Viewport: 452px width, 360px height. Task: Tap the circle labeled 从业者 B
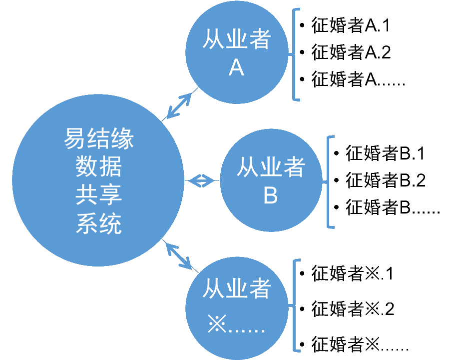tap(270, 180)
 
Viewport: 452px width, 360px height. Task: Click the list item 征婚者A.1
tap(350, 25)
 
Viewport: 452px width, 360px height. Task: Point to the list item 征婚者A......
tap(358, 79)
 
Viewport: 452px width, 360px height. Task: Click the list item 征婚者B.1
tap(385, 153)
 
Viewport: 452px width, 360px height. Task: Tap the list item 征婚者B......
tap(393, 207)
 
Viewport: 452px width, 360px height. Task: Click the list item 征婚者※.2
tap(353, 308)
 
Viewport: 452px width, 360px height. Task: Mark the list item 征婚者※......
tap(360, 344)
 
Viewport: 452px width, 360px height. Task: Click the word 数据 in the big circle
tap(98, 167)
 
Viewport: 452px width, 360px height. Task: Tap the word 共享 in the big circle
tap(98, 195)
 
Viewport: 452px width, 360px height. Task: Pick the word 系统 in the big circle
tap(98, 223)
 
